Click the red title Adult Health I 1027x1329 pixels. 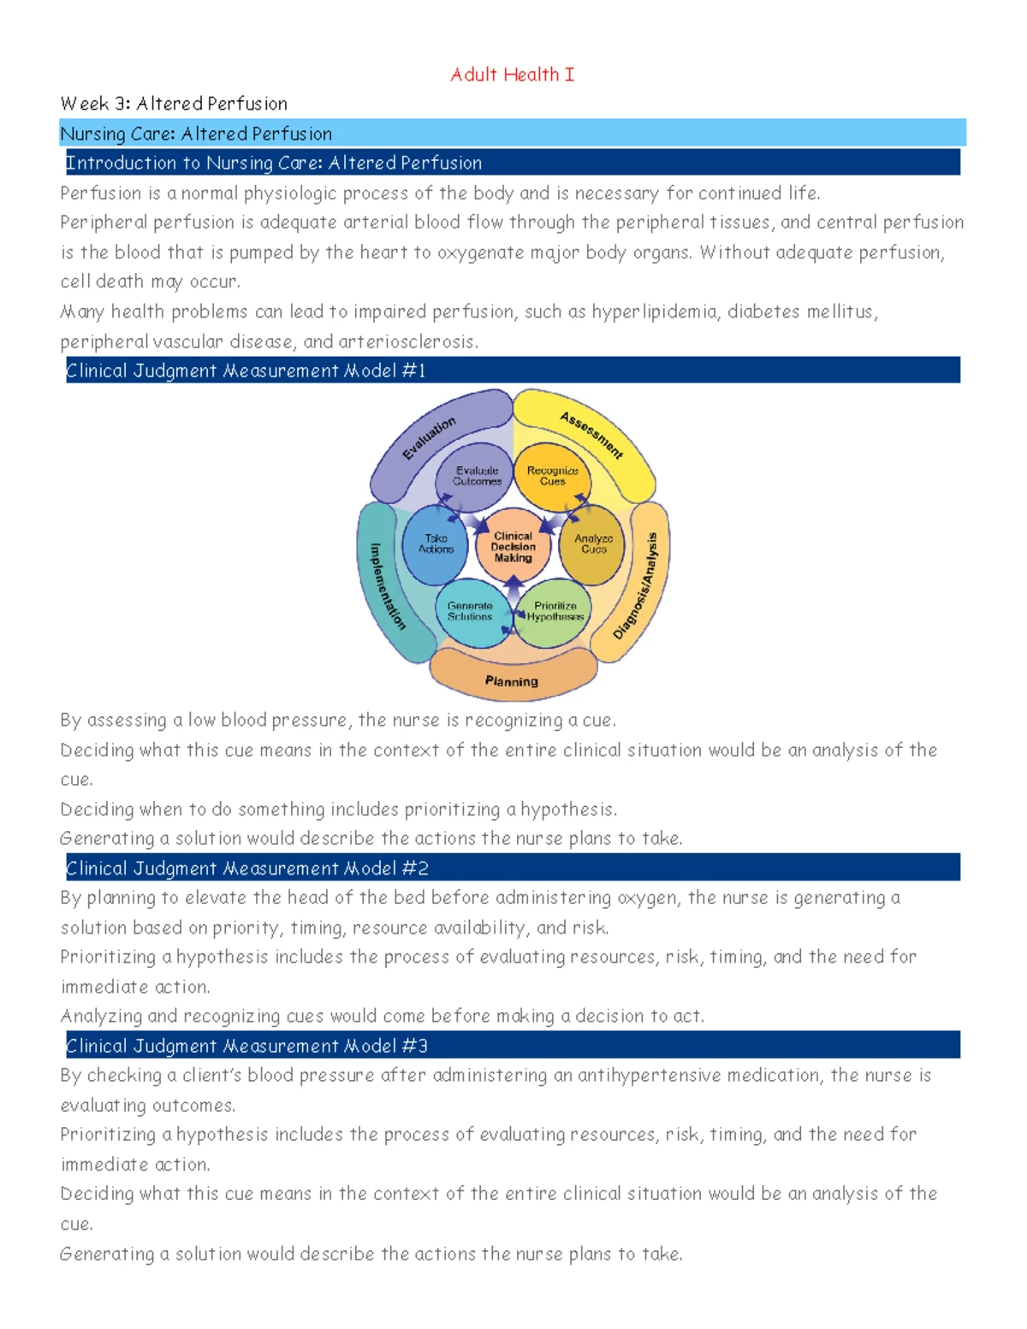click(512, 74)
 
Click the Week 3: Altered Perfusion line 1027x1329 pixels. click(174, 104)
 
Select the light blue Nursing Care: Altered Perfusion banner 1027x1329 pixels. click(512, 133)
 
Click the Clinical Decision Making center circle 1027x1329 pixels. click(513, 547)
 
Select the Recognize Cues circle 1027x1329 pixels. click(552, 476)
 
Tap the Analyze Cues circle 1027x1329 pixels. click(593, 544)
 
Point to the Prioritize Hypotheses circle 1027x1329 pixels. click(555, 612)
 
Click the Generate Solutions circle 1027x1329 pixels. click(470, 612)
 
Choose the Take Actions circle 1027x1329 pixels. click(436, 544)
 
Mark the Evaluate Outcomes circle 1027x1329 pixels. click(477, 476)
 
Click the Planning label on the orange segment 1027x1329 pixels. click(512, 681)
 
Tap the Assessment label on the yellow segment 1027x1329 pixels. click(591, 434)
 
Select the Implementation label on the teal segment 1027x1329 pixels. click(387, 586)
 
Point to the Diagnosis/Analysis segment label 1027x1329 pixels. click(637, 586)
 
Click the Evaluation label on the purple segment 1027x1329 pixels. click(430, 438)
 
